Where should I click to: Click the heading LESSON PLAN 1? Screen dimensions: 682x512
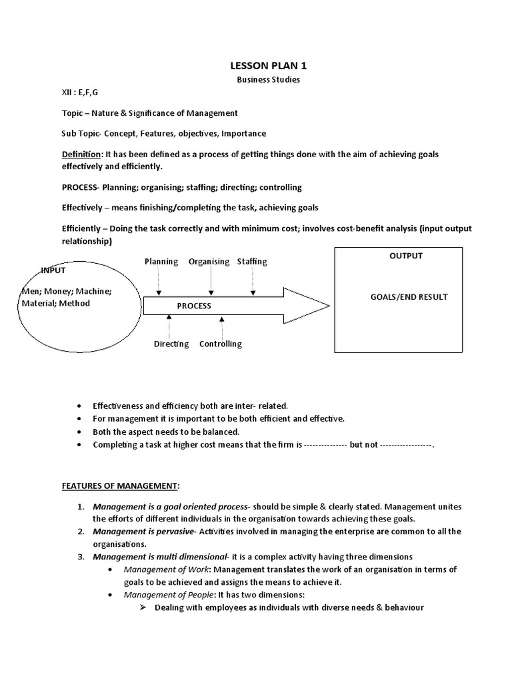[x=259, y=65]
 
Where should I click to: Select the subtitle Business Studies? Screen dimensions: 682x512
[x=259, y=79]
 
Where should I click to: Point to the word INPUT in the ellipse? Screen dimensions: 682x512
[x=54, y=270]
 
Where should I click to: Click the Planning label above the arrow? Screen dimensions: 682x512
[x=161, y=262]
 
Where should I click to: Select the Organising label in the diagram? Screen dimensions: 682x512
[x=209, y=262]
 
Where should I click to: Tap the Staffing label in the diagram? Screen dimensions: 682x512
[x=252, y=262]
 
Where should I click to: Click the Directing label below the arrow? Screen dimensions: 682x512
[x=171, y=344]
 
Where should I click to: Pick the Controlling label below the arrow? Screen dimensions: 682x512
[x=221, y=344]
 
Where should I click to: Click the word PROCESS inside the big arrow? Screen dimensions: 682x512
[x=193, y=306]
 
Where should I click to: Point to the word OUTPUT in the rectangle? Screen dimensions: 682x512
[x=405, y=256]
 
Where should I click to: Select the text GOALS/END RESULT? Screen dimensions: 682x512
[x=409, y=297]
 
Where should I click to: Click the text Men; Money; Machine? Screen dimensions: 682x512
[x=65, y=292]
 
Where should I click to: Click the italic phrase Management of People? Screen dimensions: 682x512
[x=170, y=595]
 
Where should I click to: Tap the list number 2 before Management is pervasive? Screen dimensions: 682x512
[x=79, y=531]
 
